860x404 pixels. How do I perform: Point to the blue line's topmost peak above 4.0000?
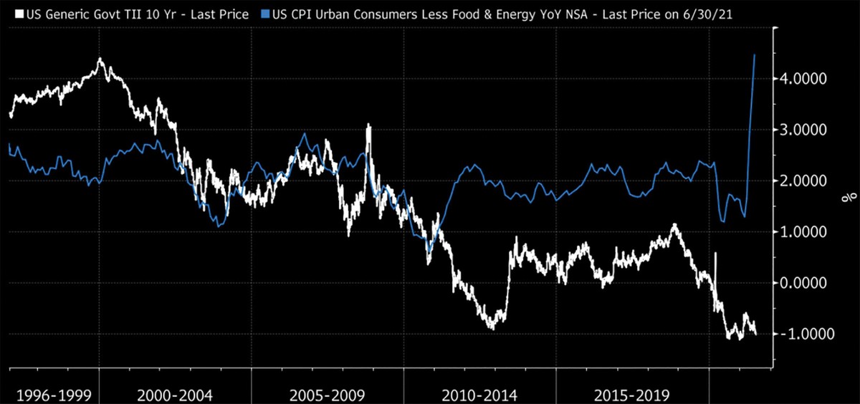pyautogui.click(x=755, y=54)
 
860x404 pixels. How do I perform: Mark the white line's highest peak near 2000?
pyautogui.click(x=100, y=59)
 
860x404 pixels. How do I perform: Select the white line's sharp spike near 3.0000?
pyautogui.click(x=368, y=125)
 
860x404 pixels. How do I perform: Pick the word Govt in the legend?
pyautogui.click(x=97, y=14)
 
